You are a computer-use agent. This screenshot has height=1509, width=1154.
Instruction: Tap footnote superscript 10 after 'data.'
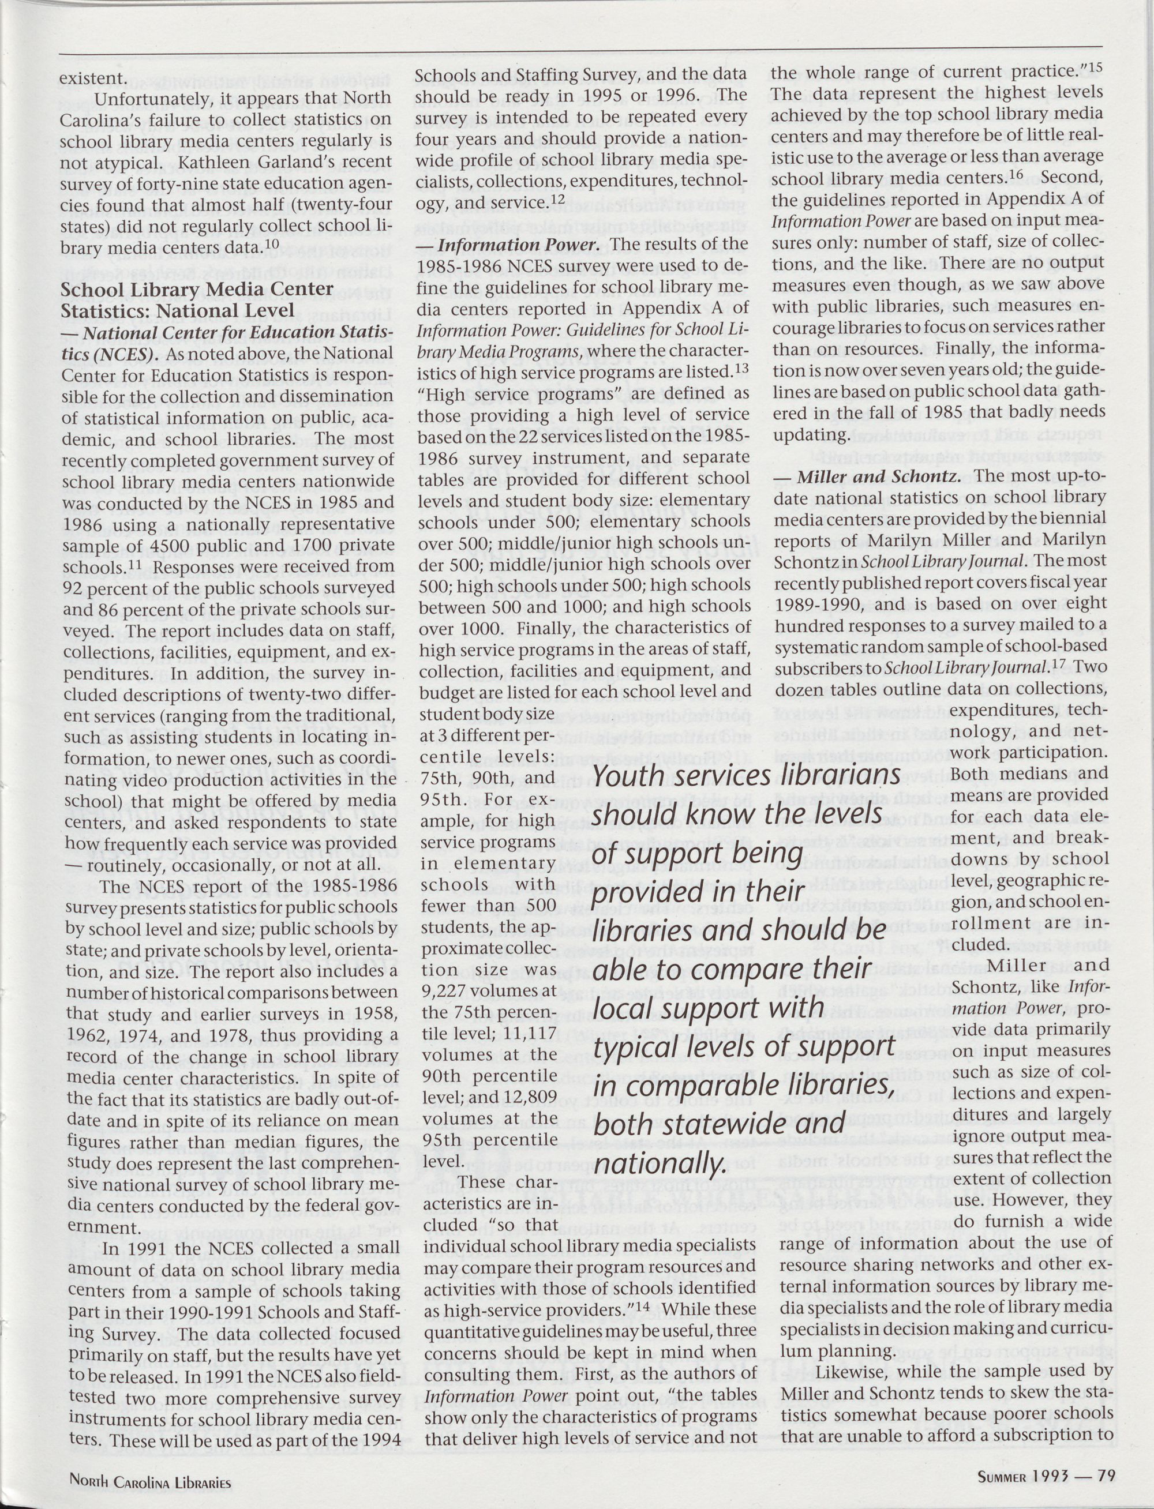pos(271,244)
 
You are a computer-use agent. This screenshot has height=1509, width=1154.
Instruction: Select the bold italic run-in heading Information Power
pos(519,245)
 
